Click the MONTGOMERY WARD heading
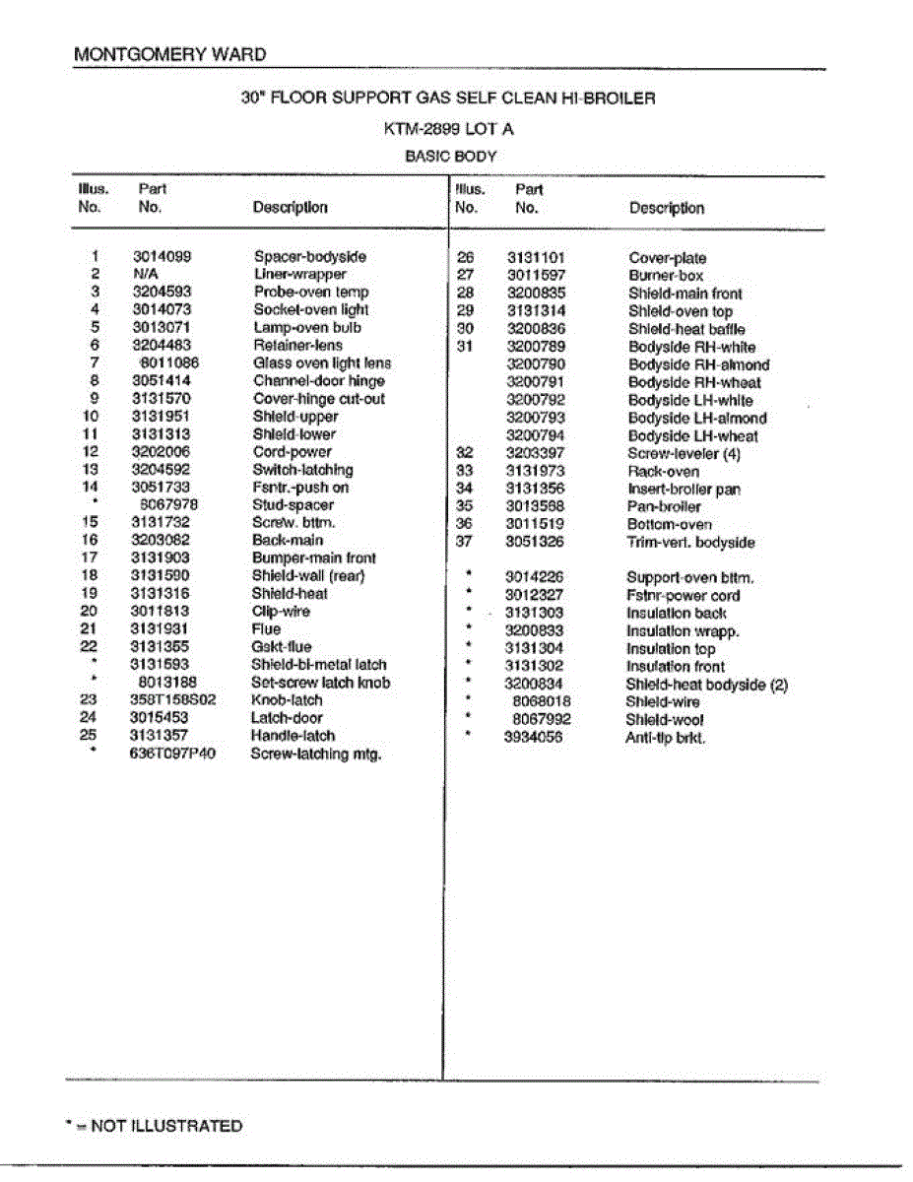(169, 54)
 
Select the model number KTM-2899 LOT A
(448, 129)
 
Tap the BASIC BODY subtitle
(451, 156)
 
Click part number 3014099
(163, 257)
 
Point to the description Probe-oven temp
(311, 293)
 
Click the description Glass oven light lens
(322, 363)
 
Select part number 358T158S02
(172, 700)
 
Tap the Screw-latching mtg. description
(316, 755)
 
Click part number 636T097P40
(172, 755)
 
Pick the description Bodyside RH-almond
(699, 365)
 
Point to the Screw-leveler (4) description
(684, 454)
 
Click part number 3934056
(533, 738)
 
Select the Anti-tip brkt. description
(666, 738)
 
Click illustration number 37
(466, 542)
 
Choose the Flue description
(266, 628)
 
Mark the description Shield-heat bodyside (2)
(707, 685)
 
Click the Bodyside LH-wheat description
(693, 436)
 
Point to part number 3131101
(537, 258)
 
